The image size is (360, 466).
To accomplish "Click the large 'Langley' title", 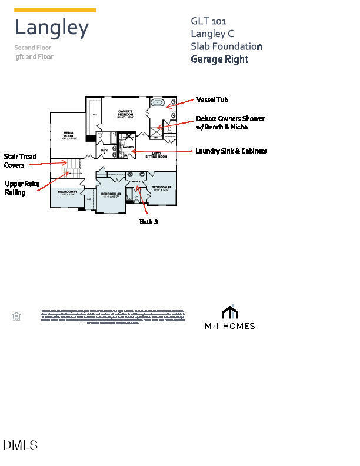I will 52,28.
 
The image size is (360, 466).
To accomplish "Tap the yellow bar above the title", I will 55,10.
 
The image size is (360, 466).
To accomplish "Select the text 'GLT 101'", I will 208,21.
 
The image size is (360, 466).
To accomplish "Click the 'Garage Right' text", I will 219,59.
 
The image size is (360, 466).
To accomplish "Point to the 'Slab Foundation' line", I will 226,46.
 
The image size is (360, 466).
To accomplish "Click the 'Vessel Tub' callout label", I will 212,101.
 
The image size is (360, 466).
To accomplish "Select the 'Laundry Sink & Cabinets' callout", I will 231,151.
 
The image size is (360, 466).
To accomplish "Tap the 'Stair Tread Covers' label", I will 20,161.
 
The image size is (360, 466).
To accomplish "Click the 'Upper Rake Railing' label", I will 22,188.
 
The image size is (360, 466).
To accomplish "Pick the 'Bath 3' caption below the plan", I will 148,222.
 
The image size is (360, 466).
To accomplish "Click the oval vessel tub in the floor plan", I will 158,102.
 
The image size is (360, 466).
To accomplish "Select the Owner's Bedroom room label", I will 125,113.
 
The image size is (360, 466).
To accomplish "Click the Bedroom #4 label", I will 67,192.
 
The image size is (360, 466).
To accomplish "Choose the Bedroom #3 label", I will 111,195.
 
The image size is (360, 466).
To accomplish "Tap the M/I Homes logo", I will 229,318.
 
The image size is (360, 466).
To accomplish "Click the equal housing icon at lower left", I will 16,317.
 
